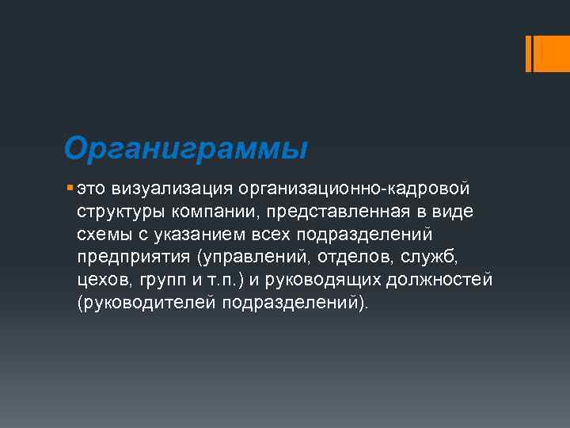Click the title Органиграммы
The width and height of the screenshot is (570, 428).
185,148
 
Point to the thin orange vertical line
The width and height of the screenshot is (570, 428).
529,53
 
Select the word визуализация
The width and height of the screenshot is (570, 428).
167,189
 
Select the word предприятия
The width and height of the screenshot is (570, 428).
134,258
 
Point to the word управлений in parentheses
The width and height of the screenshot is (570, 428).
255,258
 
